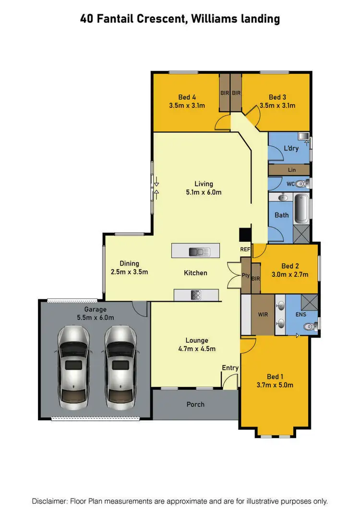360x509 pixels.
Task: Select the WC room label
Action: [x=290, y=184]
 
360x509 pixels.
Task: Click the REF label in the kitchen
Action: [x=245, y=250]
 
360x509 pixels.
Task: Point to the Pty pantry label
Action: [x=245, y=276]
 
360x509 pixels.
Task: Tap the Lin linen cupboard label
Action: [x=292, y=170]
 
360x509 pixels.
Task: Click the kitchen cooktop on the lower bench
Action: [x=196, y=295]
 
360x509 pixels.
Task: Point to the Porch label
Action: [x=195, y=404]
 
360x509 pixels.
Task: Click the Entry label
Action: [x=230, y=368]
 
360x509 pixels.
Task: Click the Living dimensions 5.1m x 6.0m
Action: [x=204, y=192]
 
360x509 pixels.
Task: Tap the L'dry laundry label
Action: [x=291, y=148]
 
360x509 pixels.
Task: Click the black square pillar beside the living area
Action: [x=245, y=234]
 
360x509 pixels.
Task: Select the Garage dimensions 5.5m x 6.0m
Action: [x=96, y=318]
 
